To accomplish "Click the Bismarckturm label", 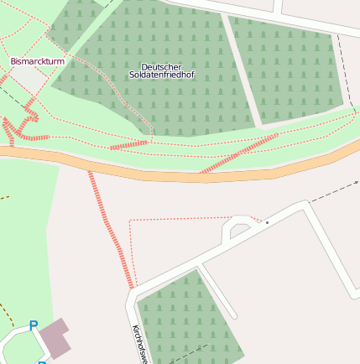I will point(37,61).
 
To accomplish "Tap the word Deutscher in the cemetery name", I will point(161,66).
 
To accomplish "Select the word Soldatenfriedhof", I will point(161,75).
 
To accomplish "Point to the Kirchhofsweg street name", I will point(138,345).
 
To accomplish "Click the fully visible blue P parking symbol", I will point(34,325).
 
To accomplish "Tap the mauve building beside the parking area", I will point(55,336).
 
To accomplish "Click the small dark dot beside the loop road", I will point(267,222).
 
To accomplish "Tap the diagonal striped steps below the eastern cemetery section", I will point(239,153).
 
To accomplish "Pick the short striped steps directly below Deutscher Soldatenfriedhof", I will point(128,145).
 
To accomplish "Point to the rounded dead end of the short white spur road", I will point(232,316).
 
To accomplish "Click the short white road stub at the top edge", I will point(278,7).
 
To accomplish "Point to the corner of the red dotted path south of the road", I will point(130,221).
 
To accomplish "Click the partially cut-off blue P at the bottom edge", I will point(42,361).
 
